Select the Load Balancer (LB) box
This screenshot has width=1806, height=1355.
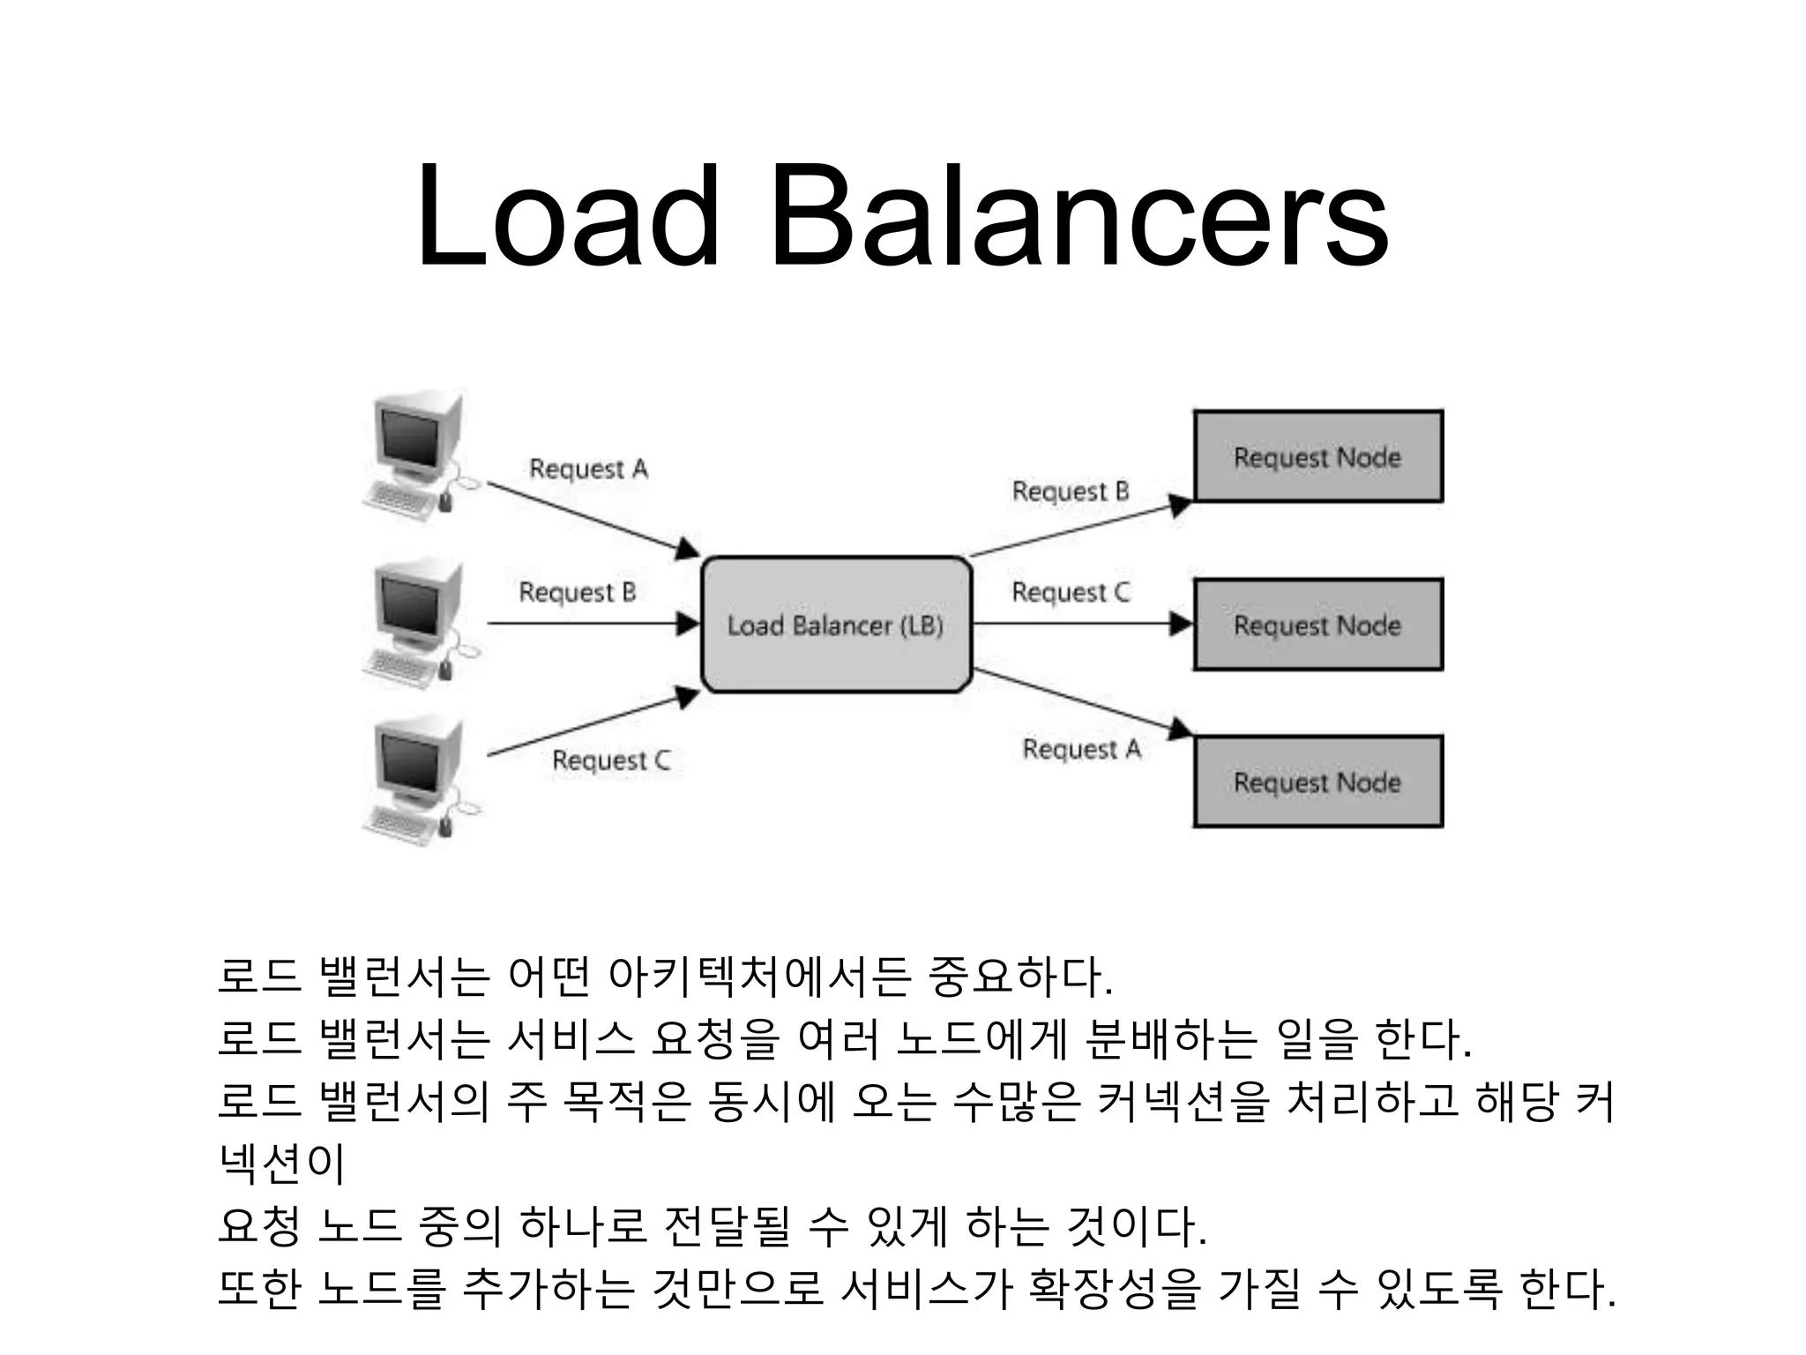pos(836,625)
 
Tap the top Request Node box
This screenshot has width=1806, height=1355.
pos(1317,457)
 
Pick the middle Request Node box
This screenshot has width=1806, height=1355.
pos(1317,625)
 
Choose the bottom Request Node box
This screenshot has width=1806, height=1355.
pos(1317,782)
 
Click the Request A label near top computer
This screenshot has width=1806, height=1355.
pos(588,468)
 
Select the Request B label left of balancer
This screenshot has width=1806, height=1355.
pos(577,592)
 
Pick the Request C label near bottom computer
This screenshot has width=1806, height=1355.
pos(610,760)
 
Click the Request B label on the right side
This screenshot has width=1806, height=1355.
pos(1070,491)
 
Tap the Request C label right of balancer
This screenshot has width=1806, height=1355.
pos(1070,592)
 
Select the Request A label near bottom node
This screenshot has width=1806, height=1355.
pos(1081,750)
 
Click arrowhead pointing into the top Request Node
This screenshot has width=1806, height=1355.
pos(1180,505)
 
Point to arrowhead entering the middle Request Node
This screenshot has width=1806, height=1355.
pos(1180,625)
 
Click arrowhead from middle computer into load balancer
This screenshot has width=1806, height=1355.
pos(688,625)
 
